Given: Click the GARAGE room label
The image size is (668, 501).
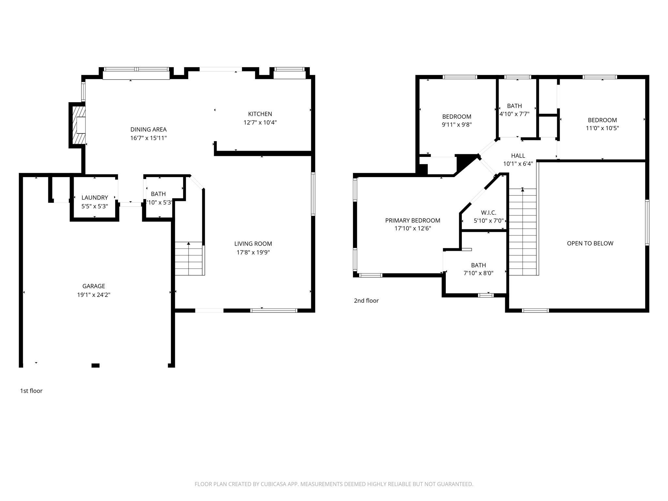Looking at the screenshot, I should click(x=94, y=286).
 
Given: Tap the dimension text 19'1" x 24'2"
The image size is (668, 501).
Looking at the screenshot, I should click(x=94, y=295).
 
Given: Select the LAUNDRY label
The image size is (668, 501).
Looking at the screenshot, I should click(x=95, y=198).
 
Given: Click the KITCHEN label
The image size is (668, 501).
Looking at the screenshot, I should click(x=260, y=114).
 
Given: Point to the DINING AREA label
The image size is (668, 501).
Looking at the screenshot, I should click(x=148, y=129).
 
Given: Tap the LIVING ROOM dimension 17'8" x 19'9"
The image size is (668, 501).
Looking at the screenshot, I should click(x=253, y=252).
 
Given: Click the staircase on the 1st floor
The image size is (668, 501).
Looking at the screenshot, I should click(x=190, y=258).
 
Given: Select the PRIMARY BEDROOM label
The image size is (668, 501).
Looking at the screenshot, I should click(x=413, y=220).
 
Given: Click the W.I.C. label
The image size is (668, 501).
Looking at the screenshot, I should click(x=488, y=213).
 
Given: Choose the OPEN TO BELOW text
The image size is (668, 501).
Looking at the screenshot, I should click(x=590, y=243).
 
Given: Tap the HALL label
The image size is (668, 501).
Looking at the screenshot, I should click(x=518, y=156).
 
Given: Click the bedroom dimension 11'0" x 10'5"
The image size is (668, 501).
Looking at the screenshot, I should click(x=602, y=128).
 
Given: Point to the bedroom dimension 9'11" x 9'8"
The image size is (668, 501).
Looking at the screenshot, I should click(x=457, y=125).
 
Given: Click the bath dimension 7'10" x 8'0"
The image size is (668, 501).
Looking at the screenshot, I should click(x=478, y=273).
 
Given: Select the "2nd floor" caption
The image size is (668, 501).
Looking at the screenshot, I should click(x=366, y=301).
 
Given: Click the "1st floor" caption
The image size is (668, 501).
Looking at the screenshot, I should click(x=31, y=391).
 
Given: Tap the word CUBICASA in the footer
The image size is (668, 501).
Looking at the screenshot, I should click(x=273, y=484).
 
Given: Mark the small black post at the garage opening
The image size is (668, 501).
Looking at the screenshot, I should click(x=95, y=365).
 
